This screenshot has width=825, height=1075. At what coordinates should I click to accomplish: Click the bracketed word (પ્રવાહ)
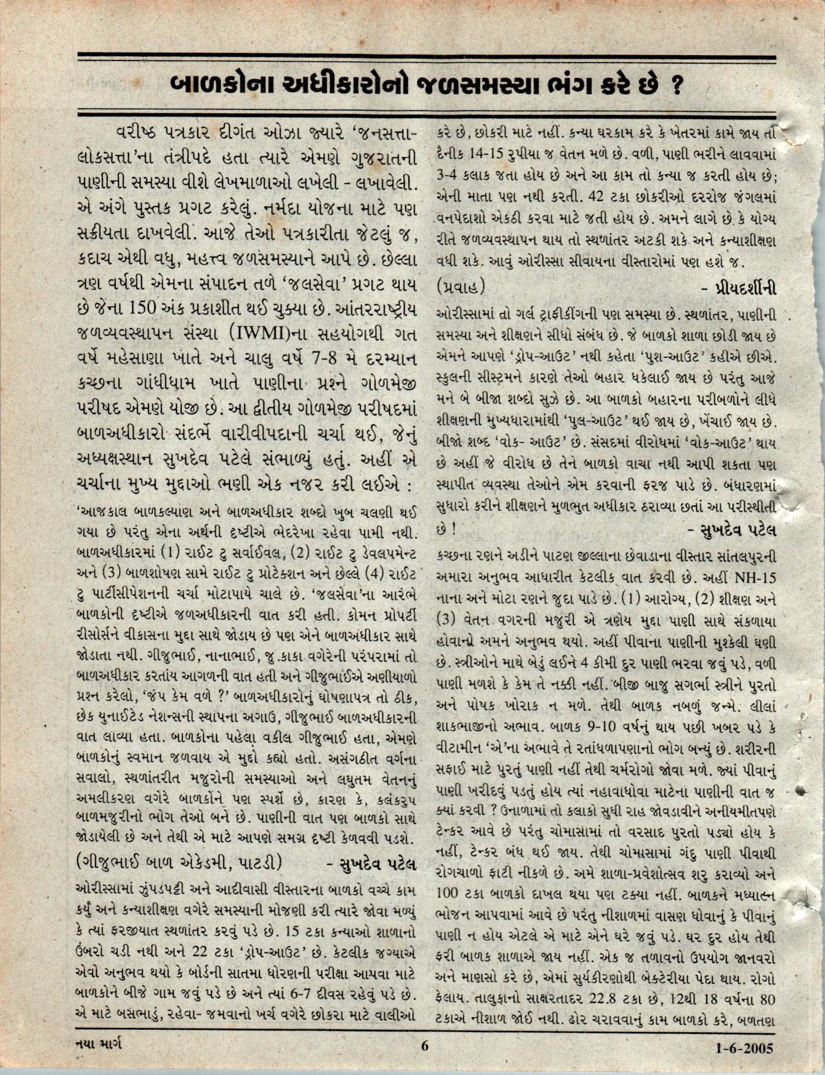click(x=461, y=287)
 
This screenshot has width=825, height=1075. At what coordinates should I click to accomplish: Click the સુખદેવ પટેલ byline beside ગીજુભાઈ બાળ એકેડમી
click(x=370, y=864)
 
